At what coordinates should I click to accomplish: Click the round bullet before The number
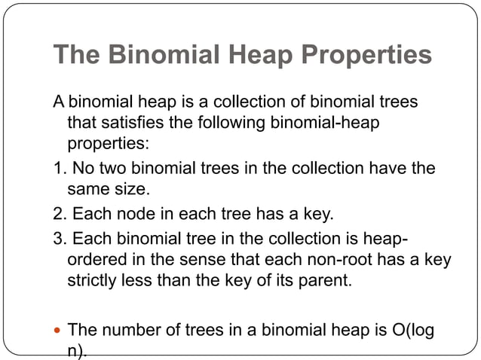pos(57,330)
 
